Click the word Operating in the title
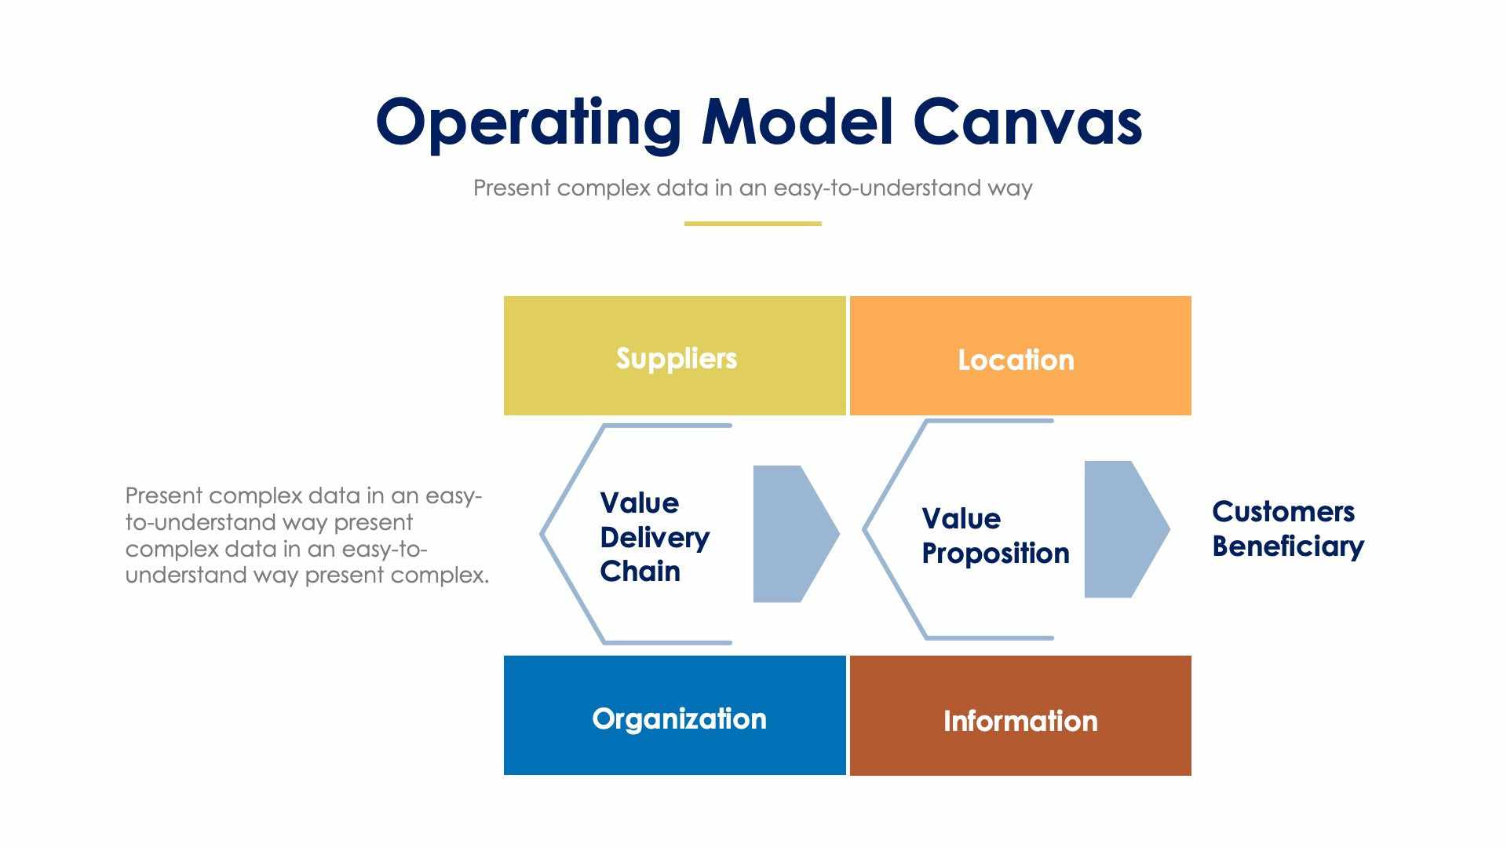pyautogui.click(x=527, y=122)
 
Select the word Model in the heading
pyautogui.click(x=797, y=122)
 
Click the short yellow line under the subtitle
pyautogui.click(x=752, y=224)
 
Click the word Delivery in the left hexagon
pyautogui.click(x=655, y=538)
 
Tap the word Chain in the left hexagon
pyautogui.click(x=640, y=572)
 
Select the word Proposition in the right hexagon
pyautogui.click(x=995, y=554)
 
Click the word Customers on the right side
pyautogui.click(x=1283, y=512)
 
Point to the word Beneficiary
pyautogui.click(x=1287, y=546)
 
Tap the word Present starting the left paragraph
pyautogui.click(x=164, y=496)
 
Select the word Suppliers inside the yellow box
pyautogui.click(x=676, y=359)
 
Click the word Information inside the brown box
pyautogui.click(x=1020, y=722)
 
